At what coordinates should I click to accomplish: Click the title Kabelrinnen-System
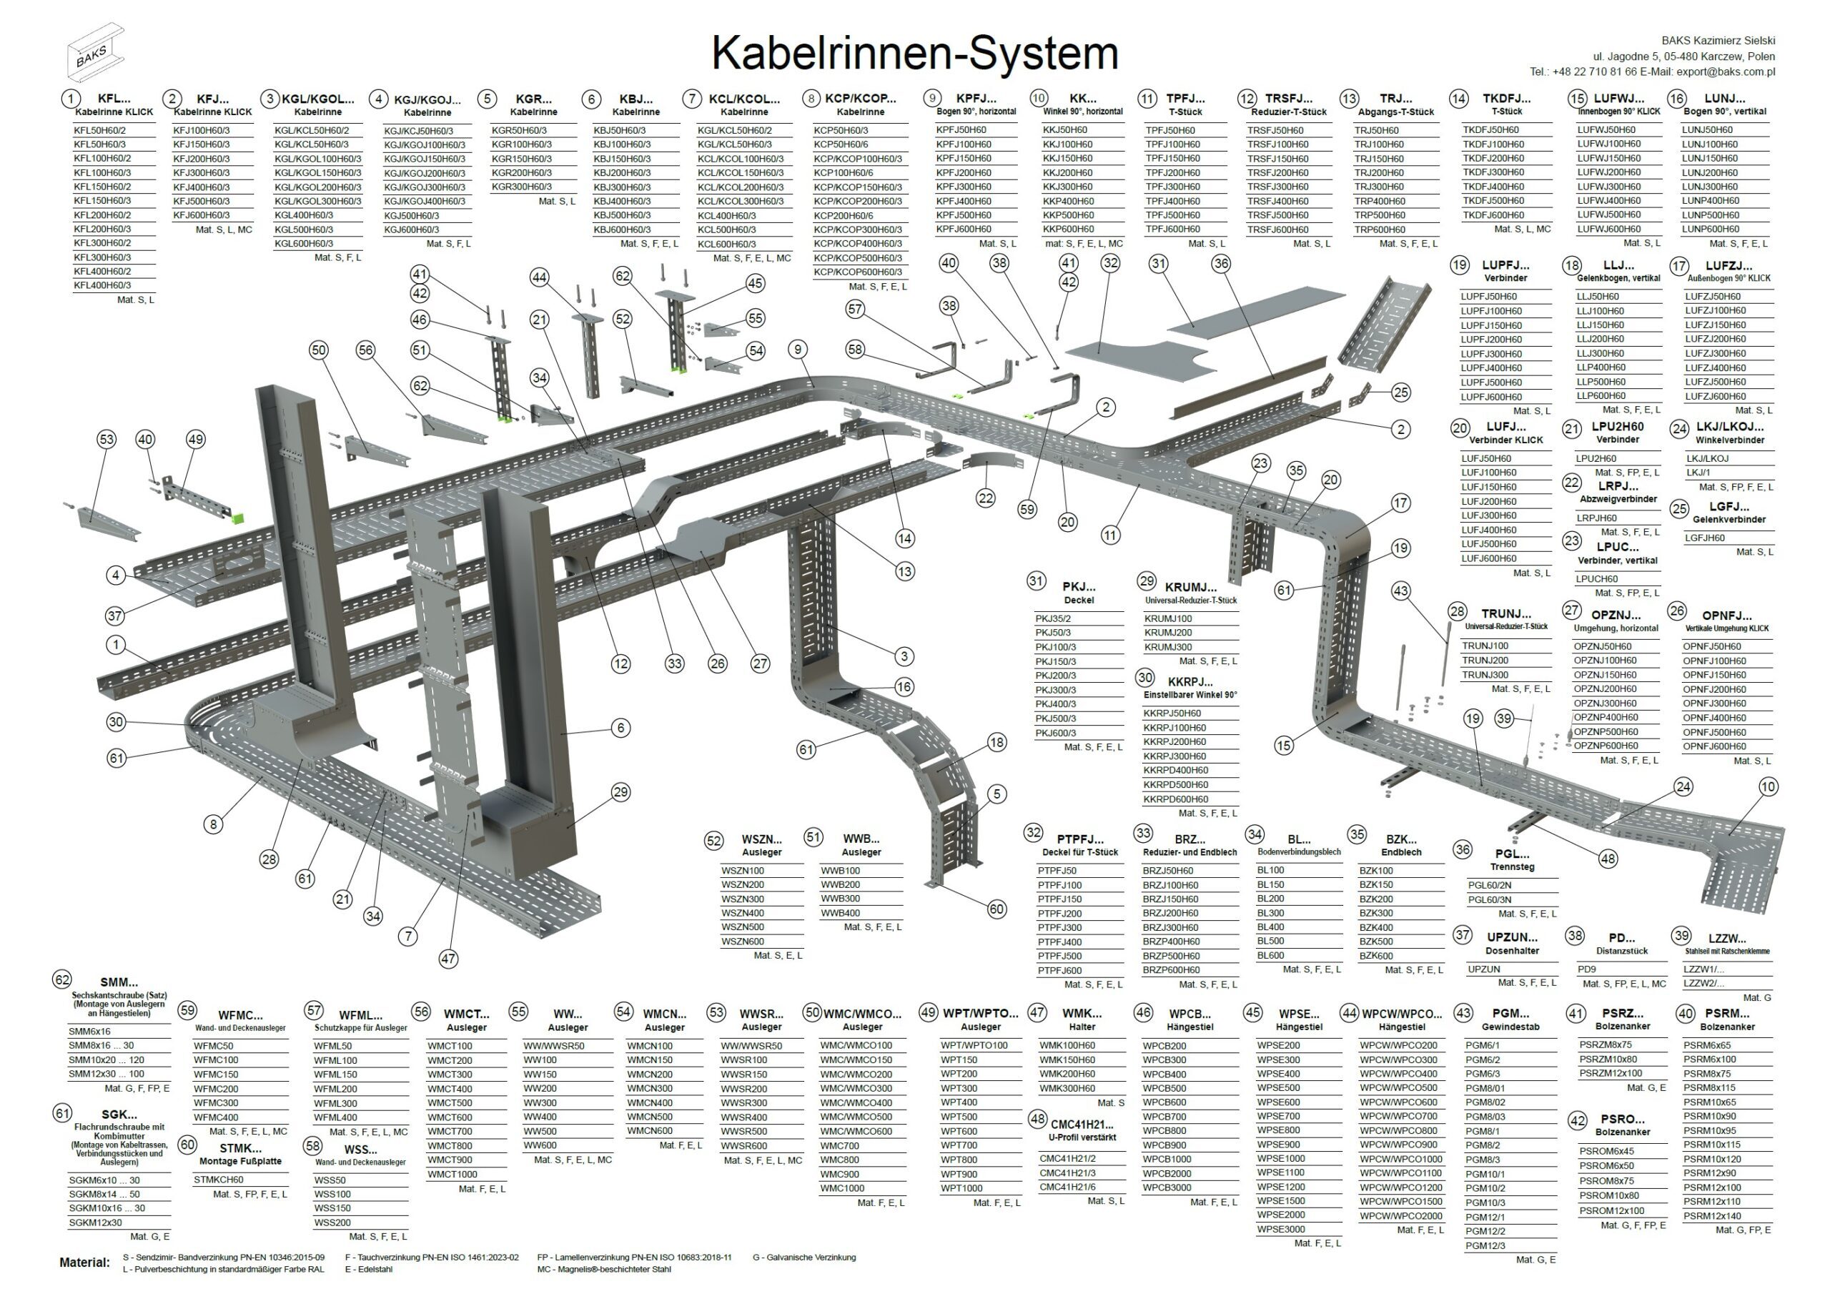914,54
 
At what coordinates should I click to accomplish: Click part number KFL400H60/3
102,285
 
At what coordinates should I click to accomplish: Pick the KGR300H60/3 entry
521,187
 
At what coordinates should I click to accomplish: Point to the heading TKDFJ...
1505,99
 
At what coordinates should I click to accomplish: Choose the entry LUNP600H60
1711,229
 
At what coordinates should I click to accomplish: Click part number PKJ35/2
1053,618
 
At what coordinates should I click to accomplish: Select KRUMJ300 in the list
1167,648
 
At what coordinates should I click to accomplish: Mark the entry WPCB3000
1167,1188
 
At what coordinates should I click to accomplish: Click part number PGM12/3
1485,1246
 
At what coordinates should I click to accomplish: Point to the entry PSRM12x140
1713,1217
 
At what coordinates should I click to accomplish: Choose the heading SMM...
119,983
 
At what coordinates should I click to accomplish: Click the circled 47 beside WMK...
1036,1012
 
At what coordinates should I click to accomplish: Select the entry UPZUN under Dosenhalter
1484,969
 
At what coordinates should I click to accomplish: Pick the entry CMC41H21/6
1067,1187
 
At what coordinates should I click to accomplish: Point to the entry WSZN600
742,942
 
